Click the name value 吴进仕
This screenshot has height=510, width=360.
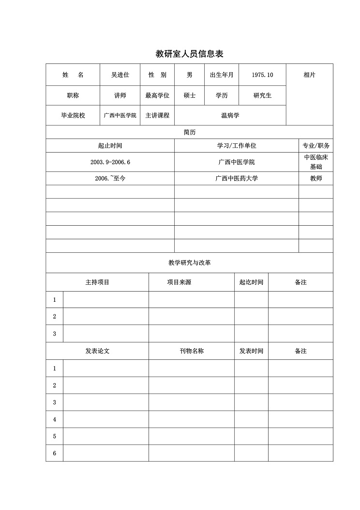[x=120, y=75]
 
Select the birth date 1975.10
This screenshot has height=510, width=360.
[x=262, y=75]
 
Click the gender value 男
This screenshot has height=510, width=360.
[x=189, y=75]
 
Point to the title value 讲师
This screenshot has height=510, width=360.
[x=120, y=95]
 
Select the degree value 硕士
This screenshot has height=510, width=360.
[x=189, y=95]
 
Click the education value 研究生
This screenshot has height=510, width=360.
[x=262, y=95]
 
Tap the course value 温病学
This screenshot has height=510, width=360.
[x=230, y=116]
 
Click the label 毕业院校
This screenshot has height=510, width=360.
[x=73, y=116]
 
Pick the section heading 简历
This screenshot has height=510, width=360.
[x=189, y=132]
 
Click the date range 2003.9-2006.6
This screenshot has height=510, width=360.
[x=110, y=162]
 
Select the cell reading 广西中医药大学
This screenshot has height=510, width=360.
[x=236, y=179]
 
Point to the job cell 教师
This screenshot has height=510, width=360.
[x=315, y=179]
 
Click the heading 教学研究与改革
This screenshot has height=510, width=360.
[x=189, y=263]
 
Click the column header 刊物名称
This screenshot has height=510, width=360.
[x=191, y=351]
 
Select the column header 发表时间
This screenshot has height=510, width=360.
[x=251, y=351]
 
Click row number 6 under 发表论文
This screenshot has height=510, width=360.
[x=55, y=453]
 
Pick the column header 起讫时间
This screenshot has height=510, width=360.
[x=251, y=282]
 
